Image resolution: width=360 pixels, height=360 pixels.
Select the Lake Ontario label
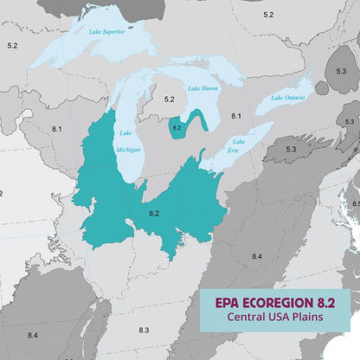pos(287,97)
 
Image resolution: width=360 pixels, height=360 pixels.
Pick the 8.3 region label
pos(144,330)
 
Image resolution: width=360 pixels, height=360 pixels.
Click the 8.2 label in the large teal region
pos(154,212)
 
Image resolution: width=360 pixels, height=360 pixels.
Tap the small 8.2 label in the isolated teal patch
pos(177,127)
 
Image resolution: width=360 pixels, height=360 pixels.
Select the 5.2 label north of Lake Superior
pos(268,15)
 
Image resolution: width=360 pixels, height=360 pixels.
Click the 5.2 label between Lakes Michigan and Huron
pos(170,100)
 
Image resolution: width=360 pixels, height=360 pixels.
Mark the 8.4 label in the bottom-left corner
pos(32,335)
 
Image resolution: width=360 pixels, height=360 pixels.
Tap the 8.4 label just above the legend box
pos(257,257)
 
